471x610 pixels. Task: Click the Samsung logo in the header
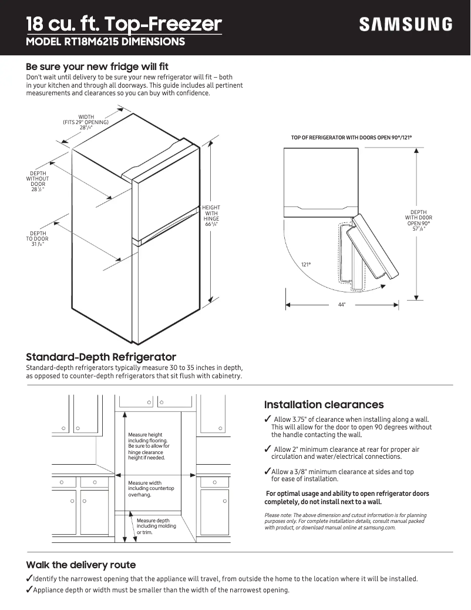[405, 24]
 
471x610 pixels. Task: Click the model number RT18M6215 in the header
[106, 42]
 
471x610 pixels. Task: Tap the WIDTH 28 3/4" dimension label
[86, 122]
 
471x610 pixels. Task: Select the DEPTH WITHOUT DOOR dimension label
[38, 182]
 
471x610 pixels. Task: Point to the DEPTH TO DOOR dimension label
[38, 239]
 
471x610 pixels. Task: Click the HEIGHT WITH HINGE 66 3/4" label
[211, 216]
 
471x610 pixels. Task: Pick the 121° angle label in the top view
[305, 265]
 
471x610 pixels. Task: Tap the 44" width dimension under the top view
[341, 305]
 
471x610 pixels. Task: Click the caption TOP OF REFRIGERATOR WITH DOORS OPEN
[351, 138]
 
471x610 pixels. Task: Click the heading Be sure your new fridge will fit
[97, 66]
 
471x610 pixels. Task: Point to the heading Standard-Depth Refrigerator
[101, 357]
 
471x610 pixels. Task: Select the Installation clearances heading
[324, 405]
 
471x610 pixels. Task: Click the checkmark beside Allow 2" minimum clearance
[268, 449]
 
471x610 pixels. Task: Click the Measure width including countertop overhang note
[150, 489]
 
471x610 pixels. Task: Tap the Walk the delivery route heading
[80, 565]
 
